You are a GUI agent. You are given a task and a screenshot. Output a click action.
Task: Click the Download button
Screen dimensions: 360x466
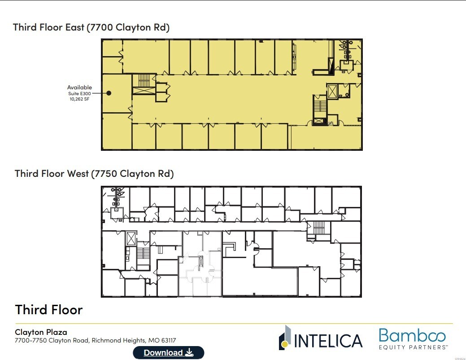click(x=168, y=352)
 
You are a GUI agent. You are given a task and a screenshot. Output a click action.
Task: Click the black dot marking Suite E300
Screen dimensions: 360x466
click(x=109, y=93)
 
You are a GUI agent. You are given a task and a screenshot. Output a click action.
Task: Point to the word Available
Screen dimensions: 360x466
click(x=79, y=87)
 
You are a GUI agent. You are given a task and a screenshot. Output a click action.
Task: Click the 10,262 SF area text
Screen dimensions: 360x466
click(x=79, y=99)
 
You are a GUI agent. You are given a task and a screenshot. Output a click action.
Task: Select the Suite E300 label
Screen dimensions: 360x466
click(x=79, y=93)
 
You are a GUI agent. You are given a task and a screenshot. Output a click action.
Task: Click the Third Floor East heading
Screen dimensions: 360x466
click(x=91, y=27)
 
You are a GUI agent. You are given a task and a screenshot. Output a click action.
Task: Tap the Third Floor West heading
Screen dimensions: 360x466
click(x=94, y=173)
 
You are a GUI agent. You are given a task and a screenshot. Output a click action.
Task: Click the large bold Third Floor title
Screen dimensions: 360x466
click(x=49, y=310)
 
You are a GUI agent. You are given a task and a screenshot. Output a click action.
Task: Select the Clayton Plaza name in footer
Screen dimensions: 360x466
click(x=41, y=332)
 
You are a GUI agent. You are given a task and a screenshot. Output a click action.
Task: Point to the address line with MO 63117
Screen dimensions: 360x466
click(x=98, y=341)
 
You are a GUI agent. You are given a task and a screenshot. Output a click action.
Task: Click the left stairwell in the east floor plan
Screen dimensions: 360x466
click(x=144, y=81)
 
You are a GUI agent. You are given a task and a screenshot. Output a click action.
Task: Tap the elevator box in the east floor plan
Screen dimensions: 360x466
click(x=332, y=91)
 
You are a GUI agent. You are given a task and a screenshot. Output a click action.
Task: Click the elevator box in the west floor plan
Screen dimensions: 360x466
click(x=131, y=238)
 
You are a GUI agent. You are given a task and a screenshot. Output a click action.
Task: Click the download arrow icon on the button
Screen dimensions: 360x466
click(x=189, y=352)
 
